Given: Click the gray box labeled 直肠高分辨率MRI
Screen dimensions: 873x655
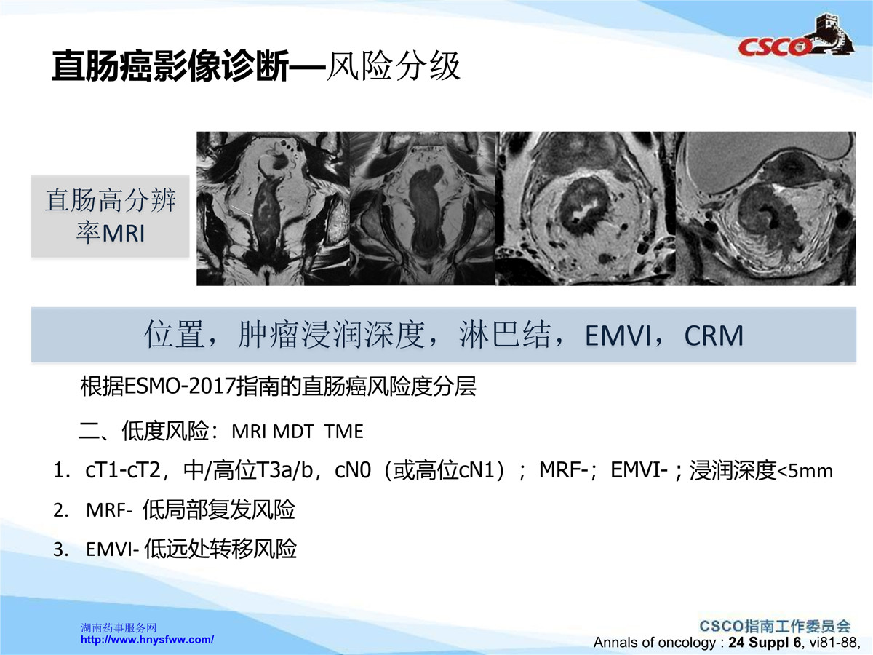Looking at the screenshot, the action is pos(110,216).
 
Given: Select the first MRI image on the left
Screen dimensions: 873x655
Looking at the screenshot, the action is pos(274,208).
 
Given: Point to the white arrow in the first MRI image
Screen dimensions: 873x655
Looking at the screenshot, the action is pos(242,211).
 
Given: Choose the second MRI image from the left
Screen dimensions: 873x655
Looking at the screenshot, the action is pos(423,208).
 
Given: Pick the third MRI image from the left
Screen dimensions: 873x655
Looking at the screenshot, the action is pos(586,208).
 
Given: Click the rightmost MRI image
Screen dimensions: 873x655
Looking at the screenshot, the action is pos(765,208).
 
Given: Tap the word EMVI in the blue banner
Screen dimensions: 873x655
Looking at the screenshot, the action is pos(619,336).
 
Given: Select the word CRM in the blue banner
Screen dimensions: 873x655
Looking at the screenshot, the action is pos(714,336).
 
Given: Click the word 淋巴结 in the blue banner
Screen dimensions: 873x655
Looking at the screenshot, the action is pos(505,335).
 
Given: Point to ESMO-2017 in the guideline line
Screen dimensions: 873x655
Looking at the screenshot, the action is pos(180,386).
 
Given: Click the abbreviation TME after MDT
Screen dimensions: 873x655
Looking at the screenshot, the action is pos(343,432).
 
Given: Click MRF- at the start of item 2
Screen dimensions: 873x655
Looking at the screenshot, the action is pos(109,510).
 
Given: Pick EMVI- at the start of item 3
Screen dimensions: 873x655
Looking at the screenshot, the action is pos(112,549).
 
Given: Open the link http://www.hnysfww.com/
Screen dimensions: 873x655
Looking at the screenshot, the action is pos(147,640).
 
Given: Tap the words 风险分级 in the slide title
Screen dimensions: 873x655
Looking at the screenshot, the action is pos(394,66).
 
